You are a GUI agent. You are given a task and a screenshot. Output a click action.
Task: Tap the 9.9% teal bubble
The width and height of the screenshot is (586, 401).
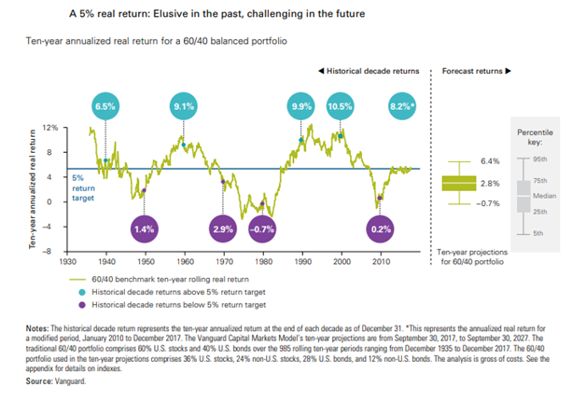302,107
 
